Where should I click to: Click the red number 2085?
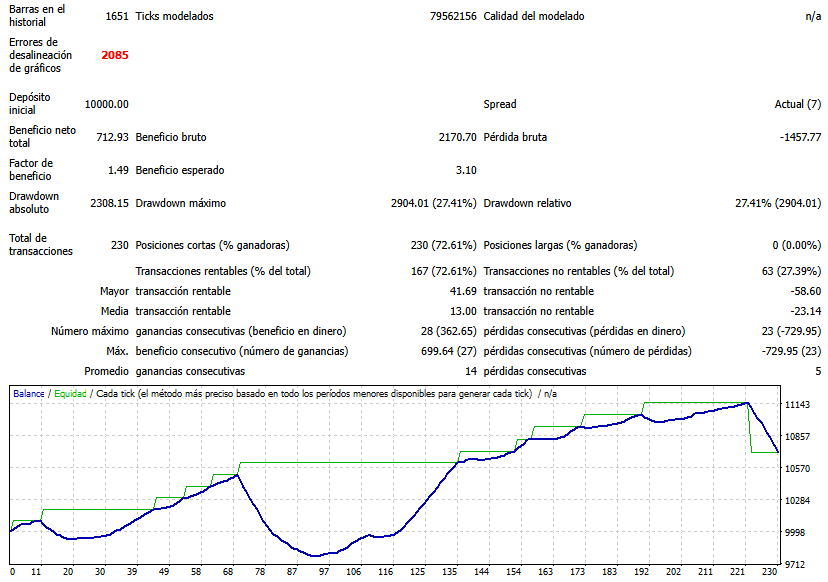[115, 55]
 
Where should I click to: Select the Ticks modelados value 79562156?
[453, 16]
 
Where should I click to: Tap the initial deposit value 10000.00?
[106, 104]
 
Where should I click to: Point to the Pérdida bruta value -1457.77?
[794, 137]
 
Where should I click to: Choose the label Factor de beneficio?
[31, 170]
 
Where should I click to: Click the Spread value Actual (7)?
[798, 104]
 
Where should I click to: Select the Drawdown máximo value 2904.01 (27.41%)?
[433, 203]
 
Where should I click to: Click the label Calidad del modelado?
[534, 16]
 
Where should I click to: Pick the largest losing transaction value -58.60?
[801, 291]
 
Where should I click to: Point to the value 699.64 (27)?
[441, 351]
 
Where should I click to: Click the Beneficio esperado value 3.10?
[465, 170]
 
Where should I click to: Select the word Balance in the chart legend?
[29, 394]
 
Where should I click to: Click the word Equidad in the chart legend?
[70, 394]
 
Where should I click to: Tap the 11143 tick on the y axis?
[797, 405]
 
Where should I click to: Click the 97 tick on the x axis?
[292, 572]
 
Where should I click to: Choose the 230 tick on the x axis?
[769, 572]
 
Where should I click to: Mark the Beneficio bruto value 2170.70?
[456, 137]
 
